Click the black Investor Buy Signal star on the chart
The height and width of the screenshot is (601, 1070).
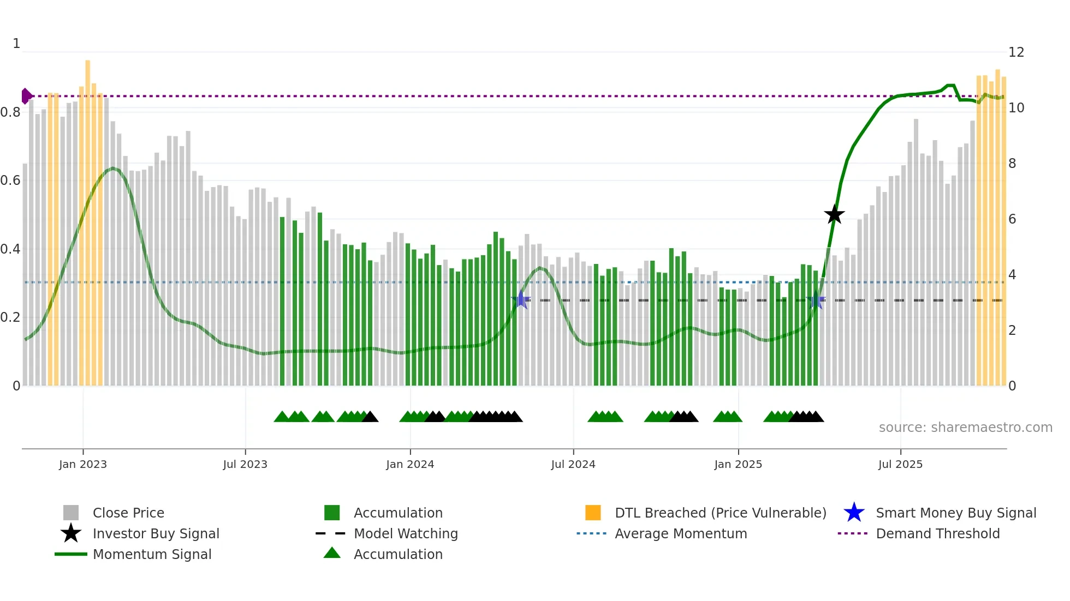coord(834,215)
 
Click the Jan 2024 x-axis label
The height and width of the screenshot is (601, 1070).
coord(410,465)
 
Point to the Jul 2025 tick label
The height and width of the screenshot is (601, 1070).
coord(900,465)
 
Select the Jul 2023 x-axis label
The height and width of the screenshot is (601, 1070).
coord(245,465)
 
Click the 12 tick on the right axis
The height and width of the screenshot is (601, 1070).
coord(1016,52)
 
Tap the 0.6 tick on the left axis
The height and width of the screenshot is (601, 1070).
coord(10,181)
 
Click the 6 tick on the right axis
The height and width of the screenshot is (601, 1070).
coord(1012,219)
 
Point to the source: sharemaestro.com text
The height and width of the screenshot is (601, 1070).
coord(965,428)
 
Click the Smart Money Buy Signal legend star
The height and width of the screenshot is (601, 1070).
coord(854,513)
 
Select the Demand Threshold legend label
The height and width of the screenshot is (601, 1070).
coord(937,534)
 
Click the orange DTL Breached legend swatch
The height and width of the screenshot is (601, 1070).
coord(593,513)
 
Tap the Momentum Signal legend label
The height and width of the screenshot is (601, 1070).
coord(152,555)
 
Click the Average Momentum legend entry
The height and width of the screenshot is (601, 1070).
coord(680,534)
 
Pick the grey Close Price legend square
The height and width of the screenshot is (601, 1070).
coord(71,513)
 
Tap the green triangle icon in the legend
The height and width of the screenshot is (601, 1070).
coord(332,554)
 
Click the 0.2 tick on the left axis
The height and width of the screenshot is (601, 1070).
coord(10,317)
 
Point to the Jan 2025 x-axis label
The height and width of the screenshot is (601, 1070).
coord(738,465)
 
